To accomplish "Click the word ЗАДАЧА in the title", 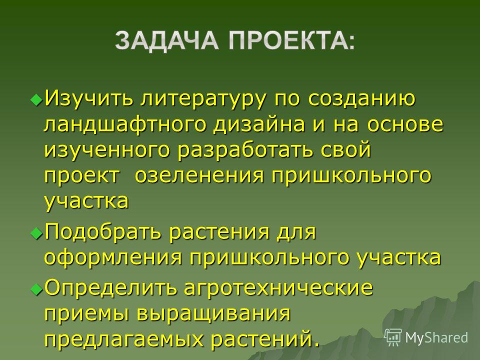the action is pyautogui.click(x=166, y=40).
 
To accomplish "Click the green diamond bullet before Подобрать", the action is pyautogui.click(x=36, y=232).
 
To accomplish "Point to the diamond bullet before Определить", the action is pyautogui.click(x=36, y=288).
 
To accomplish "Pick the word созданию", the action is pyautogui.click(x=361, y=98).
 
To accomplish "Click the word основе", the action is pyautogui.click(x=405, y=124).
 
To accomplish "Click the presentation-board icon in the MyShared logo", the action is pyautogui.click(x=393, y=337).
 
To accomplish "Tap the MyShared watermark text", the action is pyautogui.click(x=436, y=337).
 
